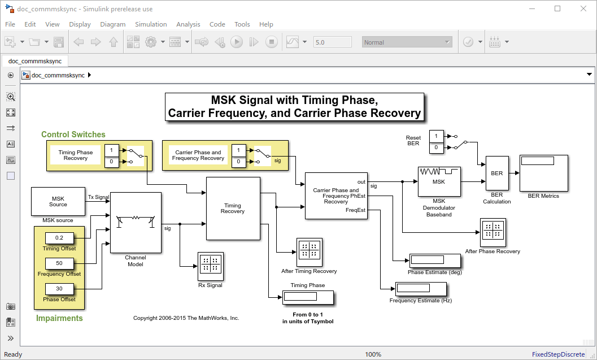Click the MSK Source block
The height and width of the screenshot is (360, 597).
tap(58, 202)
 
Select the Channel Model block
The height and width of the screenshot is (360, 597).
tap(136, 222)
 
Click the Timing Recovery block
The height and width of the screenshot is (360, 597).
tap(233, 209)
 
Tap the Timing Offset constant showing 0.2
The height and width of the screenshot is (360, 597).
tap(59, 237)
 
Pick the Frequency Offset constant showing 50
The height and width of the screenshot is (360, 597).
tap(59, 263)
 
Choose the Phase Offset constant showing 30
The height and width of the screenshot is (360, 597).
tap(59, 288)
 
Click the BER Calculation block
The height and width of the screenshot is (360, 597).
tap(496, 174)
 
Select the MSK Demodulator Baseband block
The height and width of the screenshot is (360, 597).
tap(439, 181)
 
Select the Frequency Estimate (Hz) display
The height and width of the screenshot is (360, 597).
tap(420, 289)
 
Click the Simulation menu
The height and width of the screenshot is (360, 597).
tap(151, 24)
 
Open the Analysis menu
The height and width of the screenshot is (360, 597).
tap(188, 24)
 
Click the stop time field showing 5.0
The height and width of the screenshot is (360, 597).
tap(333, 42)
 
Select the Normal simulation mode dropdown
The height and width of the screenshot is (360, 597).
tap(407, 42)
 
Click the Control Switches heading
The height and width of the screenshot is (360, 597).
tap(73, 135)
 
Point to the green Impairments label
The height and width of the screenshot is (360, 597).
tap(59, 318)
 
